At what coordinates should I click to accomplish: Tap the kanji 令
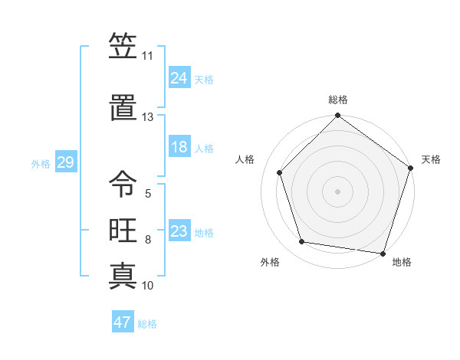pos(123,183)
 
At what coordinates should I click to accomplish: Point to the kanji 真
pos(123,275)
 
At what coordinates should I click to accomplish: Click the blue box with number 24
pos(179,77)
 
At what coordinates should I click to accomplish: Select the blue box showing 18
pos(179,147)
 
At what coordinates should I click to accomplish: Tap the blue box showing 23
pos(179,231)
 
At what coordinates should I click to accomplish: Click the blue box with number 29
pos(65,162)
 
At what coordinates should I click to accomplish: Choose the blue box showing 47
pos(123,322)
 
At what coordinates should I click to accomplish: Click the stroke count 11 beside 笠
pos(147,56)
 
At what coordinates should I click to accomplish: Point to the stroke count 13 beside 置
pos(147,117)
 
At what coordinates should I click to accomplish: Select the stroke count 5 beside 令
pos(147,194)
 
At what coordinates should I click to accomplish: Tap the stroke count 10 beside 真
pos(147,286)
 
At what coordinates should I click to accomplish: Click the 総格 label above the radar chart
pos(338,100)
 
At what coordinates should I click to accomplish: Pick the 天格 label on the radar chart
pos(431,159)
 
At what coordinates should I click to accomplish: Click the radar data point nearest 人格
pos(280,172)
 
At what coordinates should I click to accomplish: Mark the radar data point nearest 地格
pos(383,253)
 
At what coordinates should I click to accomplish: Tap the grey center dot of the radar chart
pos(338,191)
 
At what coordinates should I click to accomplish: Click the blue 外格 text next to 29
pos(41,163)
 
